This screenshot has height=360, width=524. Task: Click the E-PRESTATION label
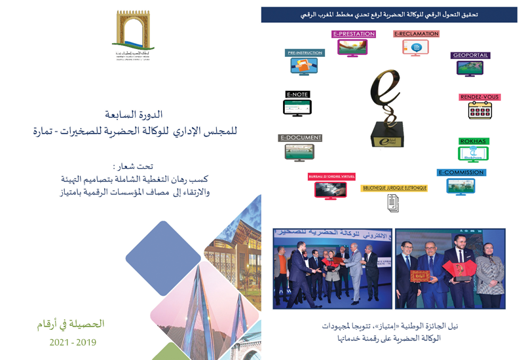click(x=353, y=34)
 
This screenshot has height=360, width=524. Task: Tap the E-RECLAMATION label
click(x=416, y=34)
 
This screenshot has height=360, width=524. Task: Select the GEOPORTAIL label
click(x=470, y=56)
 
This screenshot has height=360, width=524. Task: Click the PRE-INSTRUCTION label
click(x=305, y=53)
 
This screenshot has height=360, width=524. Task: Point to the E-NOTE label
click(x=297, y=95)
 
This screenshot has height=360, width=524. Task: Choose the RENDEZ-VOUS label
click(x=479, y=97)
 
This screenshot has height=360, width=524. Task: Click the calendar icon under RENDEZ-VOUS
click(x=480, y=111)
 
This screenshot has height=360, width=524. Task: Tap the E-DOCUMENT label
click(x=300, y=138)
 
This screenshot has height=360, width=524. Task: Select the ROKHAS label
click(x=474, y=141)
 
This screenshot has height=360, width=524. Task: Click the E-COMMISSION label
click(x=461, y=173)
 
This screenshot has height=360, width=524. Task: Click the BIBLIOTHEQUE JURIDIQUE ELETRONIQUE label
click(x=394, y=189)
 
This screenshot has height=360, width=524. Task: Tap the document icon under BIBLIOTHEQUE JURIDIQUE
click(x=393, y=204)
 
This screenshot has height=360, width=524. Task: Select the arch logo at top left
click(x=132, y=31)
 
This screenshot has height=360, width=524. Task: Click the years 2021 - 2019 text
click(x=73, y=342)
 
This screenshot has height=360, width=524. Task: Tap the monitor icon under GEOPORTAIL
click(x=470, y=68)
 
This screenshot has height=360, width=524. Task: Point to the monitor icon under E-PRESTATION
click(x=352, y=48)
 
